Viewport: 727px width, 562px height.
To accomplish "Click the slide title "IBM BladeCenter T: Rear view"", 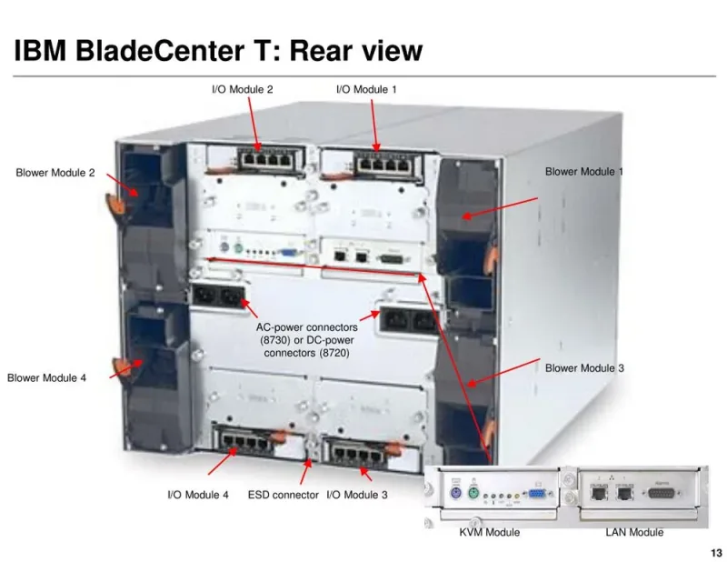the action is pyautogui.click(x=218, y=50).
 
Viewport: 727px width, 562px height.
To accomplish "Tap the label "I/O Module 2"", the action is pyautogui.click(x=243, y=89).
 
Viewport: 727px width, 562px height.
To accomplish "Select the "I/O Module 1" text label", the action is pyautogui.click(x=367, y=89).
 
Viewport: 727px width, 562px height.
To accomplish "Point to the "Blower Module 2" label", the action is pyautogui.click(x=55, y=173).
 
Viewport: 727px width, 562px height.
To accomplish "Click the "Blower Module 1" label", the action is pyautogui.click(x=584, y=172).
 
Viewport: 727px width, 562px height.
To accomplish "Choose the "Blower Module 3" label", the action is pyautogui.click(x=584, y=368).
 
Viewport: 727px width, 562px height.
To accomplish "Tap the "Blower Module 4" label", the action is pyautogui.click(x=47, y=377).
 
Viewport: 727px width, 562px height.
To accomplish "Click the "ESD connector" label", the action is pyautogui.click(x=284, y=495).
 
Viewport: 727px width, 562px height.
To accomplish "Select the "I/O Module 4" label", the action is pyautogui.click(x=198, y=495).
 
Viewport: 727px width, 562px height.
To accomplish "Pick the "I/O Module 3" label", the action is pyautogui.click(x=357, y=495).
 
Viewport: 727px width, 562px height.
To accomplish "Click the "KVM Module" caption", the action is pyautogui.click(x=490, y=532).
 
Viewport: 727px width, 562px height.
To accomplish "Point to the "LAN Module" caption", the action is pyautogui.click(x=634, y=532).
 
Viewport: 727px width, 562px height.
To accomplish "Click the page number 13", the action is pyautogui.click(x=716, y=553).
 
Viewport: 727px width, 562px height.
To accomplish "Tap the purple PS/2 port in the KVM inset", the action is pyautogui.click(x=456, y=492).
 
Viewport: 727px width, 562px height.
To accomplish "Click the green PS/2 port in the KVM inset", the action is pyautogui.click(x=473, y=492).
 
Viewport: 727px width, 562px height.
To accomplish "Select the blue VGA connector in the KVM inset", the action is pyautogui.click(x=537, y=494).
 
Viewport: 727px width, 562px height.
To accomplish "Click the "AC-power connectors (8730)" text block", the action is pyautogui.click(x=307, y=340).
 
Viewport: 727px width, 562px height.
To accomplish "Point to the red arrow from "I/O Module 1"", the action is pyautogui.click(x=373, y=125).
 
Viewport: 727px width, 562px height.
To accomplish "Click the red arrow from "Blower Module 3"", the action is pyautogui.click(x=503, y=372).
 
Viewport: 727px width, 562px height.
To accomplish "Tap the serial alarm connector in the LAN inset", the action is pyautogui.click(x=662, y=493).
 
